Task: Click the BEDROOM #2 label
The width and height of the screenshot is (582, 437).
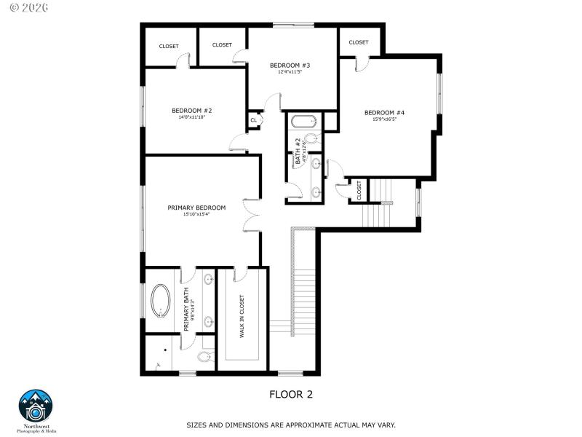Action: pos(191,111)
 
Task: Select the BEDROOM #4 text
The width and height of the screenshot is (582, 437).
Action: pos(384,112)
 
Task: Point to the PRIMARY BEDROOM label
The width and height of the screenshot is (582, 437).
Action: pos(196,208)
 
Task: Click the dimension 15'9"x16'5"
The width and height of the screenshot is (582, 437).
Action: pos(384,119)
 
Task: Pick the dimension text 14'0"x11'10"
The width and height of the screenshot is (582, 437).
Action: pos(191,117)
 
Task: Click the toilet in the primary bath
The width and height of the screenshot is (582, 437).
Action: pos(206,356)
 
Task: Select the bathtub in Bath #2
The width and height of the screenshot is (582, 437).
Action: pos(302,121)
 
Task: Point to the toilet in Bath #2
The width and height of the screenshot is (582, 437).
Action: pos(311,138)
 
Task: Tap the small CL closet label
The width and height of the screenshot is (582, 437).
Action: pos(253,120)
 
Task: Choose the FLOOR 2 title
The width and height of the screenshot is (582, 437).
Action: pos(291,394)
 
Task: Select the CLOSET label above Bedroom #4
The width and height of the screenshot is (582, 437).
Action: pos(359,42)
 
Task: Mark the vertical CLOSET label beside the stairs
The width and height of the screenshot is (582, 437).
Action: pos(359,191)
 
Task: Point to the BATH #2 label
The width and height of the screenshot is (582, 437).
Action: pos(298,149)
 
